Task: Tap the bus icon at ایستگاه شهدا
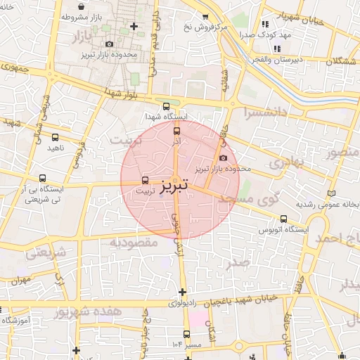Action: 166,107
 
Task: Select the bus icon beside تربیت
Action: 146,179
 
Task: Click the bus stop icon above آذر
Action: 176,129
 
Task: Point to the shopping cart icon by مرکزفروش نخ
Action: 205,17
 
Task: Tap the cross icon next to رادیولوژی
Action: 182,292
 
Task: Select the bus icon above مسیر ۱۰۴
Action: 186,335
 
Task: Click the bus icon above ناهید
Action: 55,137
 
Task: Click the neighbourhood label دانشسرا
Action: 264,112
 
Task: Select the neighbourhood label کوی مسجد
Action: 249,201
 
